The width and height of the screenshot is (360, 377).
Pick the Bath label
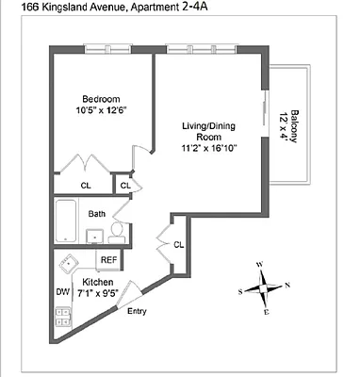pos(97,214)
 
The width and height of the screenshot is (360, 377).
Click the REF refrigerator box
pos(109,259)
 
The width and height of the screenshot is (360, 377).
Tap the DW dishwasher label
pos(63,293)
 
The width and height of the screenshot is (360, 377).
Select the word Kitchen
pos(98,282)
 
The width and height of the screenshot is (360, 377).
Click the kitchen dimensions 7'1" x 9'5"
pos(99,293)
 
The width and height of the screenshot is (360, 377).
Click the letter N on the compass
pos(287,286)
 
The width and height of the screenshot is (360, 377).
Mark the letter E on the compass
pos(268,310)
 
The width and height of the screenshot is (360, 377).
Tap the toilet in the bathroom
pos(116,229)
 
